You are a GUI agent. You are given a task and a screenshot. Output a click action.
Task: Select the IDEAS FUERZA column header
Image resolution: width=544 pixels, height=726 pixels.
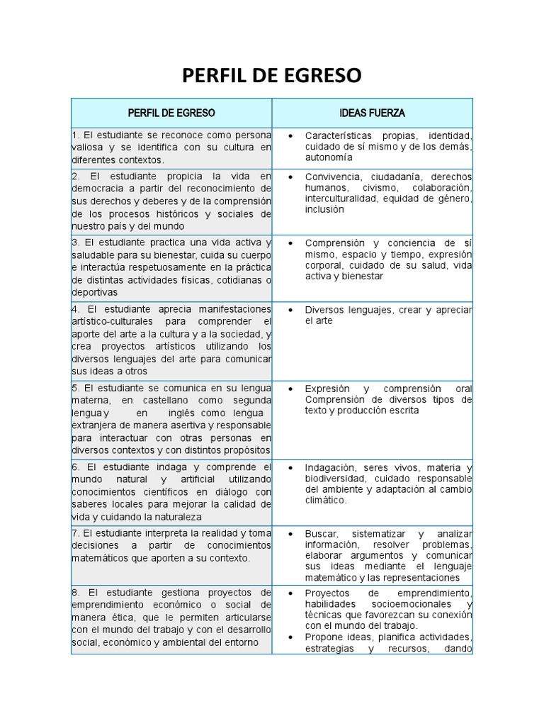pos(372,113)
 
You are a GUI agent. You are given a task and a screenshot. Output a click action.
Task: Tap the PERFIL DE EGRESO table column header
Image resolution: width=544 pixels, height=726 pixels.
pos(171,113)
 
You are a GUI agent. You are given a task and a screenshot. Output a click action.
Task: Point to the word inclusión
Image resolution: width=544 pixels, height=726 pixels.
pos(324,210)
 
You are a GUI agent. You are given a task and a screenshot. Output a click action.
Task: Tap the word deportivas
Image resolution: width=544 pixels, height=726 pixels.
pos(94,292)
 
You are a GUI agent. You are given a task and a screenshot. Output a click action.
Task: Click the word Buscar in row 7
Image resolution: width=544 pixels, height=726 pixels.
pos(322,534)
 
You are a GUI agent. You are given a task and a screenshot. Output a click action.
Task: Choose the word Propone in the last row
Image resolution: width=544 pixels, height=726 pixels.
pos(324,637)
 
